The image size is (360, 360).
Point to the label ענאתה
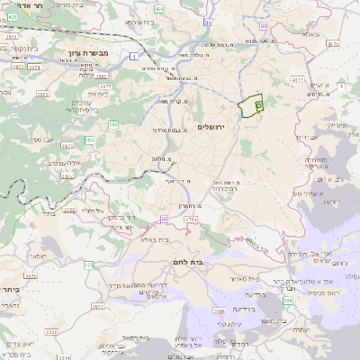tap(310, 33)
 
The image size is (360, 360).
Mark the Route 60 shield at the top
tap(264, 27)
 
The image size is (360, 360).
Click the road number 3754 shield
tap(189, 219)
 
